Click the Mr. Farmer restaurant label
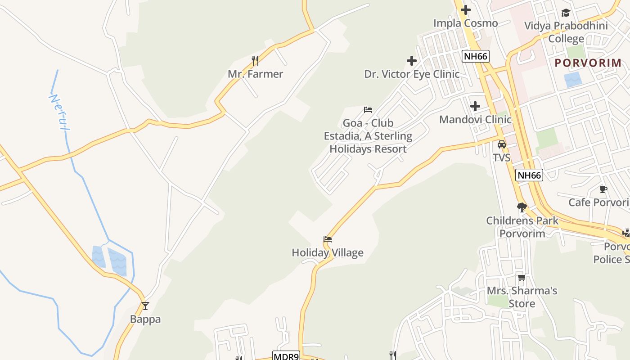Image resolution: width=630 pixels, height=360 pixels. [x=255, y=74]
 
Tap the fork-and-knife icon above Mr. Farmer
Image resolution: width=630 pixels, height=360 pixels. [x=255, y=60]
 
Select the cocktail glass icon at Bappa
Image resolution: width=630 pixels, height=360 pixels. [x=145, y=306]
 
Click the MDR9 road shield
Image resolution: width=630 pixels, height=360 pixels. [x=286, y=356]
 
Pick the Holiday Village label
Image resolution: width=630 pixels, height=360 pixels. [x=328, y=252]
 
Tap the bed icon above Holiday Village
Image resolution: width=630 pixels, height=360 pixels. [x=328, y=239]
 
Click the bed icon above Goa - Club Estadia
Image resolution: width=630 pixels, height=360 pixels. [x=368, y=110]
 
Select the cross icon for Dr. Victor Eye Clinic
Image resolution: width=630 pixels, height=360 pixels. [x=412, y=61]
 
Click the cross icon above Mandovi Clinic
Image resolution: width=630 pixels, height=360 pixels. [x=475, y=107]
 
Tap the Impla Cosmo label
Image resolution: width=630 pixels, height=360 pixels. [x=466, y=23]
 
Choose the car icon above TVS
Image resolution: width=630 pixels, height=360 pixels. [x=501, y=144]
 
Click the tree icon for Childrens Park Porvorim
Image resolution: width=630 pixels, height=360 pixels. [x=522, y=207]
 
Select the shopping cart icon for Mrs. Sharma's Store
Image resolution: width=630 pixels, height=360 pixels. [x=522, y=278]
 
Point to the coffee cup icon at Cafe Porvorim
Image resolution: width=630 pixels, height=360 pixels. [x=603, y=189]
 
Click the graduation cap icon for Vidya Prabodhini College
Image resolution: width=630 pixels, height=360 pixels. [x=566, y=13]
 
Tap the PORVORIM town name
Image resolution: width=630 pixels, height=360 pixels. [x=588, y=63]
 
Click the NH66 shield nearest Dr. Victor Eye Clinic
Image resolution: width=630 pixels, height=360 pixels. [x=476, y=56]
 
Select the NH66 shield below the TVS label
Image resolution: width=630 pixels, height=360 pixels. [x=529, y=175]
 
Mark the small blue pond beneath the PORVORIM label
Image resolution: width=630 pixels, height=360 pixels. [x=573, y=80]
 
